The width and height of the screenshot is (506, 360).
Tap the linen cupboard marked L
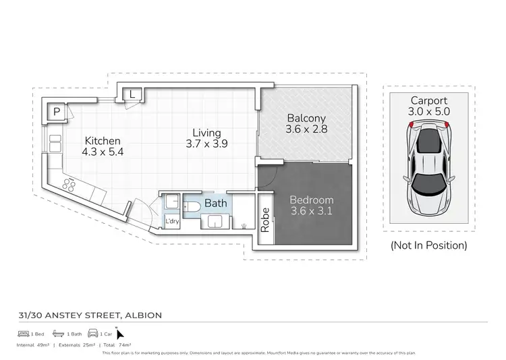coord(134,95)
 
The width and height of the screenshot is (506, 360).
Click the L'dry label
coord(171,221)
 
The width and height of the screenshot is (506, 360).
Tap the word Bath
coord(216,203)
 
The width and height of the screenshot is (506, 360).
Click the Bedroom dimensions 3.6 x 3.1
coord(312,211)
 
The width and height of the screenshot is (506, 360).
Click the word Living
coord(206,133)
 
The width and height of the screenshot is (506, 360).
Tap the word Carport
coord(429,100)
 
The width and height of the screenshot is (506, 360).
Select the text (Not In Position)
coord(429,245)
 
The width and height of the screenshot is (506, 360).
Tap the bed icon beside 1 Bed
coord(24,334)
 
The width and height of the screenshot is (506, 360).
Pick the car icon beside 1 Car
coord(92,334)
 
